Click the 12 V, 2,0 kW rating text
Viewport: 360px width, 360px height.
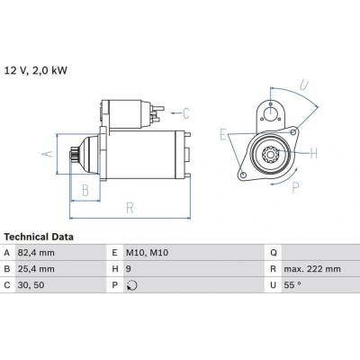(36, 71)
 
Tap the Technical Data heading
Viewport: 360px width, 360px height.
(39, 237)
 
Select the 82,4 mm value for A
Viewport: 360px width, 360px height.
(36, 253)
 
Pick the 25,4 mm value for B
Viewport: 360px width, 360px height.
(36, 269)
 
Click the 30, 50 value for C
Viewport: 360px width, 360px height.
(31, 285)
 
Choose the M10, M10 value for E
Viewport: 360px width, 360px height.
(147, 253)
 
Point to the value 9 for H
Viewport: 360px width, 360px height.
(129, 269)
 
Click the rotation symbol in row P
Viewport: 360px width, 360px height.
(132, 285)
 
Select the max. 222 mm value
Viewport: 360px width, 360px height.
(312, 269)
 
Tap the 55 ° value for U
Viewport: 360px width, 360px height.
(292, 285)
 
